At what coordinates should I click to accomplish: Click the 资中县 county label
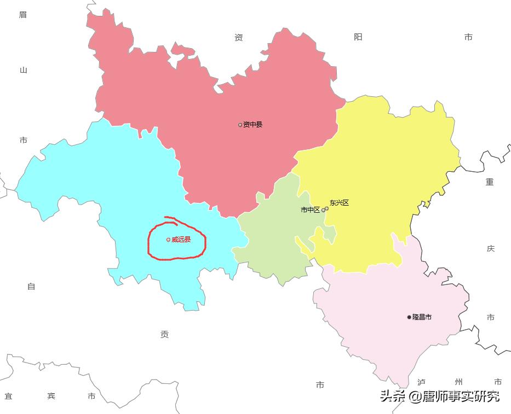pyautogui.click(x=253, y=125)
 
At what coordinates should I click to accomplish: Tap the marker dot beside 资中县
pyautogui.click(x=240, y=125)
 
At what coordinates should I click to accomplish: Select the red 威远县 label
pyautogui.click(x=181, y=240)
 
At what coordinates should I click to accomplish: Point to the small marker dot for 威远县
pyautogui.click(x=168, y=240)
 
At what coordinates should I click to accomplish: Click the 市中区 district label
pyautogui.click(x=310, y=209)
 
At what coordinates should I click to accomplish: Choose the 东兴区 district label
pyautogui.click(x=339, y=203)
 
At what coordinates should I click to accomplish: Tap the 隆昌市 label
pyautogui.click(x=422, y=317)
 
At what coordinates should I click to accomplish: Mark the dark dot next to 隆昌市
pyautogui.click(x=409, y=317)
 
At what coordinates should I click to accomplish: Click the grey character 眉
pyautogui.click(x=23, y=15)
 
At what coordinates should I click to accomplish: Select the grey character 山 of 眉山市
pyautogui.click(x=23, y=70)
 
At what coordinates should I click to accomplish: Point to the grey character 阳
pyautogui.click(x=358, y=37)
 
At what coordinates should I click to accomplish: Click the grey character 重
pyautogui.click(x=490, y=182)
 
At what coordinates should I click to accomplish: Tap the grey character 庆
pyautogui.click(x=490, y=248)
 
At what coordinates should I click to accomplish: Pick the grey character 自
pyautogui.click(x=31, y=287)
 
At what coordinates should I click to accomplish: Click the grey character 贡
pyautogui.click(x=164, y=335)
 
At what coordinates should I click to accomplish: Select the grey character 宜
pyautogui.click(x=9, y=396)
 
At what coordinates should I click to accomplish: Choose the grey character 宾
pyautogui.click(x=51, y=396)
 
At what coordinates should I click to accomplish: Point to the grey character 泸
pyautogui.click(x=421, y=382)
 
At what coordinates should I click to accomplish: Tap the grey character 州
pyautogui.click(x=458, y=382)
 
